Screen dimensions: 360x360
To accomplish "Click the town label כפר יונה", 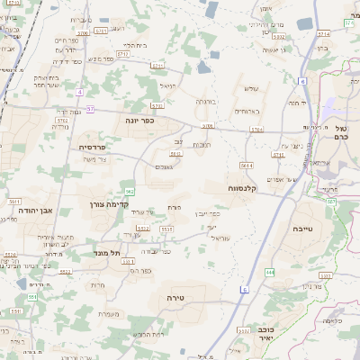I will (x=139, y=119).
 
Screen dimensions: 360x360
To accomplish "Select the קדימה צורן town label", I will (x=136, y=204).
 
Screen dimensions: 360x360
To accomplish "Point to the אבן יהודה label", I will (x=36, y=210).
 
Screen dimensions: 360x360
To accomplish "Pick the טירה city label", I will (x=175, y=296).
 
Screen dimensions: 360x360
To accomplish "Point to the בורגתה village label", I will (x=208, y=103).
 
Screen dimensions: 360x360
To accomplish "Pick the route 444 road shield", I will (x=270, y=271).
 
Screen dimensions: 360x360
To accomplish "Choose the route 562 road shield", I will (x=130, y=191).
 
